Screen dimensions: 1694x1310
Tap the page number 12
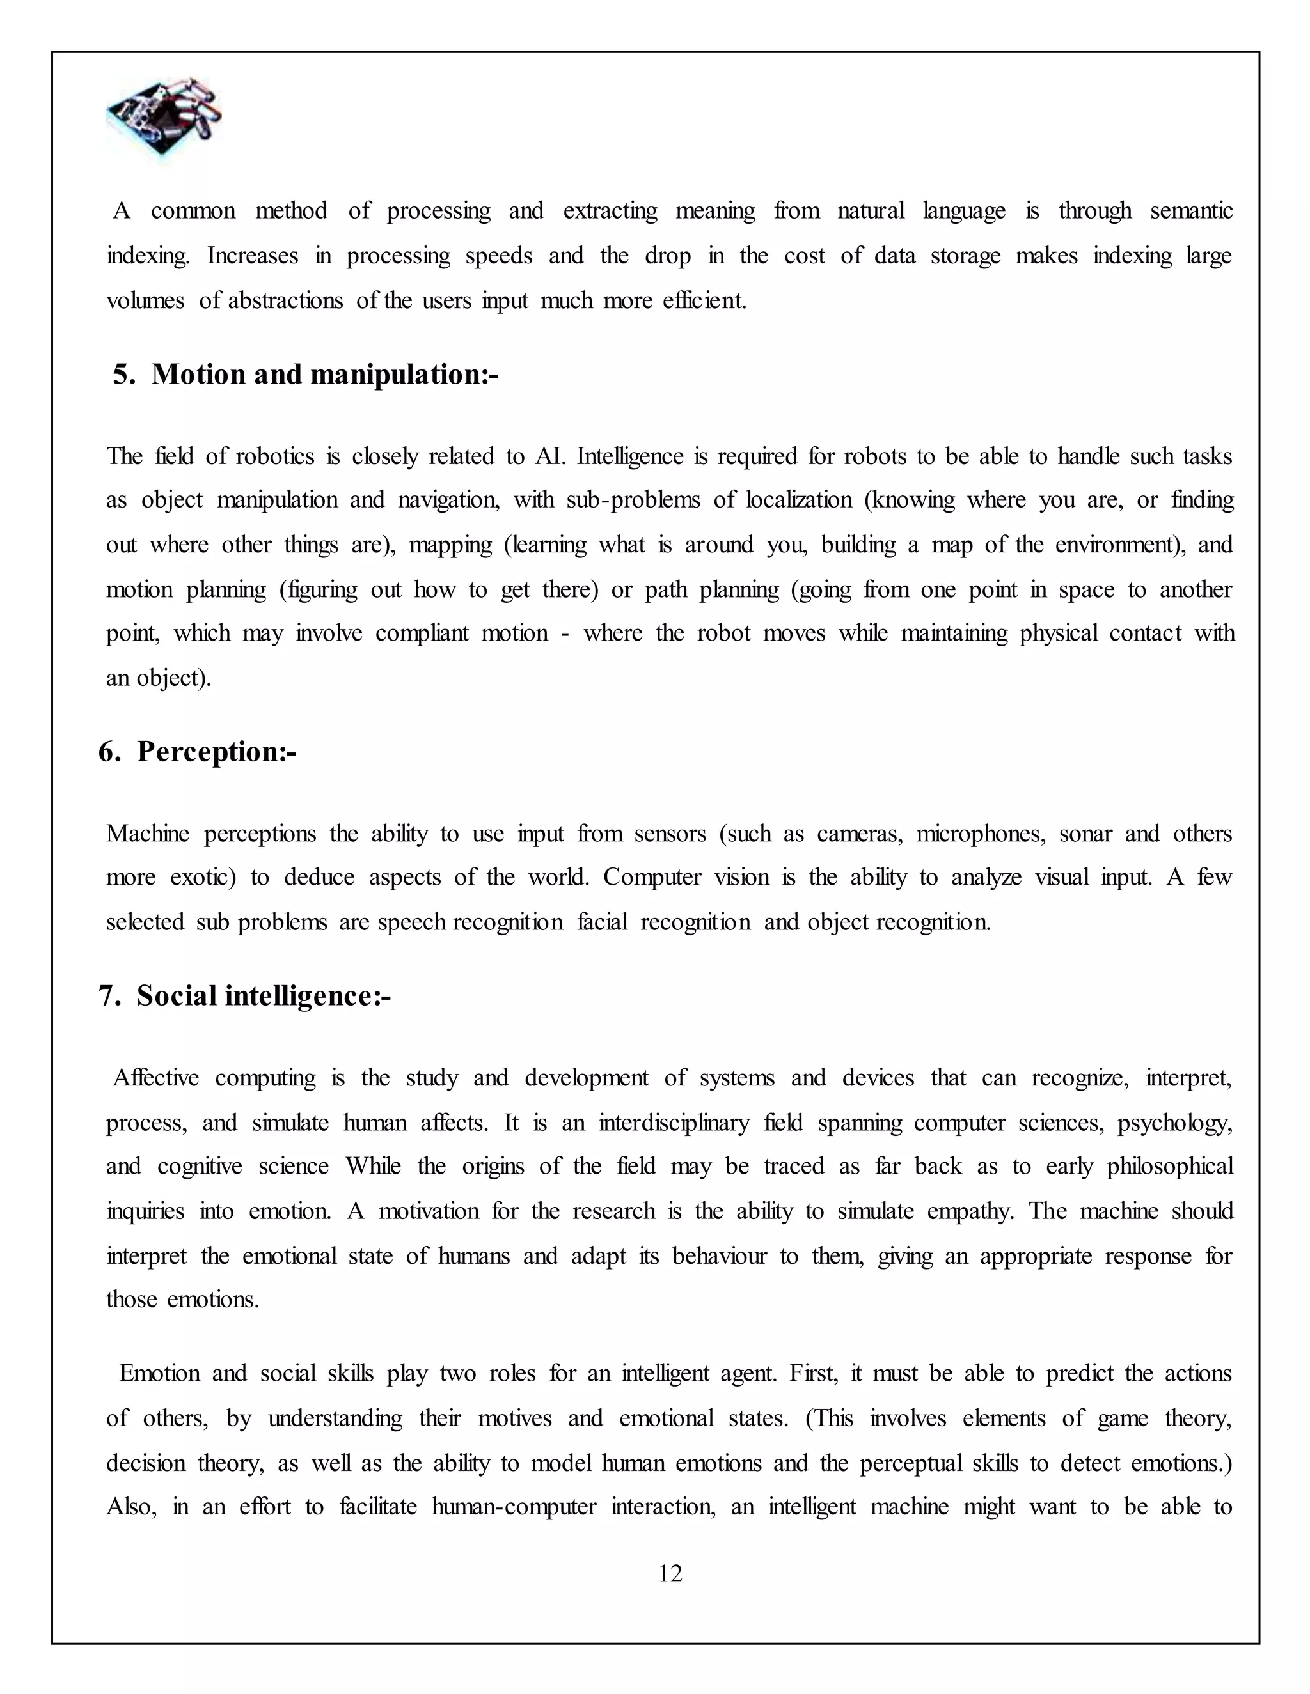tap(670, 1574)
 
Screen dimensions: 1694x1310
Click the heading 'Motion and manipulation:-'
tap(324, 375)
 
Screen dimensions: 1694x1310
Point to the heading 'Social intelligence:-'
tap(263, 996)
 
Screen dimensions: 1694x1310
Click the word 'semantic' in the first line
tap(1190, 211)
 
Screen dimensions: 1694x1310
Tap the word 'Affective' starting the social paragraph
tap(156, 1078)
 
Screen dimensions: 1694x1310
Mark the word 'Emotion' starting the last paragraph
tap(159, 1374)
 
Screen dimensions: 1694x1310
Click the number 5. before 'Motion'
tap(123, 375)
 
